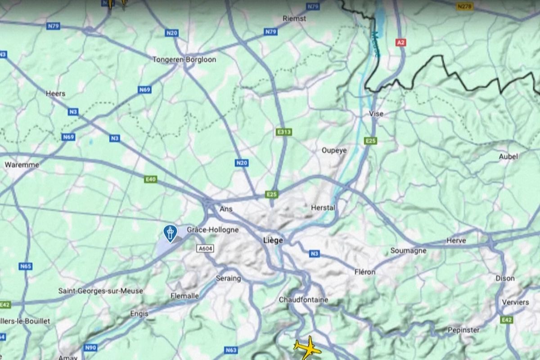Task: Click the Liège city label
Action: tap(273, 241)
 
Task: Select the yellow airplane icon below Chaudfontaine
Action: tap(307, 347)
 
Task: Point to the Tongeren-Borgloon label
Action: tap(184, 59)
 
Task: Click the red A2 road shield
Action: tap(400, 42)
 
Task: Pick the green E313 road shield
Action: tap(284, 132)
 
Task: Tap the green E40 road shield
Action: tap(151, 180)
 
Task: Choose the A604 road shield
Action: tap(205, 248)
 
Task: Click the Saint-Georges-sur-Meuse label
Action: tap(101, 291)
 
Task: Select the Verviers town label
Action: tap(515, 302)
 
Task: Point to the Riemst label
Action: tap(294, 18)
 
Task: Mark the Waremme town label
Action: tap(22, 165)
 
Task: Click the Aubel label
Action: tap(508, 157)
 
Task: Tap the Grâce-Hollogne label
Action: tap(213, 230)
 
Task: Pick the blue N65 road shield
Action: tap(26, 266)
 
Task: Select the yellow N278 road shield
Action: tap(465, 6)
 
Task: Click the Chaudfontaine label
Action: tap(303, 300)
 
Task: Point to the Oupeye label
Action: tap(334, 150)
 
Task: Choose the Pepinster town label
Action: tap(463, 330)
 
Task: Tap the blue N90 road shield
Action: tap(91, 347)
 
